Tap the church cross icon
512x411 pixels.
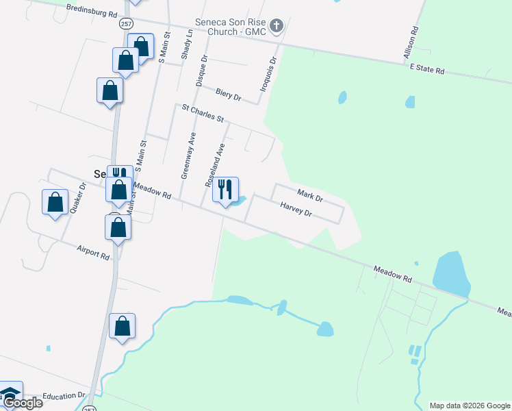point(277,26)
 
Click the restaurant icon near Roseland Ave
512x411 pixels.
point(226,188)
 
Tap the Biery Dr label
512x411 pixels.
point(229,94)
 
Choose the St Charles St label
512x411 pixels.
point(203,113)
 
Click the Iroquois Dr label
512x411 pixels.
point(269,75)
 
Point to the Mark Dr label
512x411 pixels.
point(309,195)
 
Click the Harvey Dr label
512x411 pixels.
point(296,209)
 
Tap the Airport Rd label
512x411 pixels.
point(93,252)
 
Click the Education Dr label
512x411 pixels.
point(63,396)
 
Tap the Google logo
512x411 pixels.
point(22,403)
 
